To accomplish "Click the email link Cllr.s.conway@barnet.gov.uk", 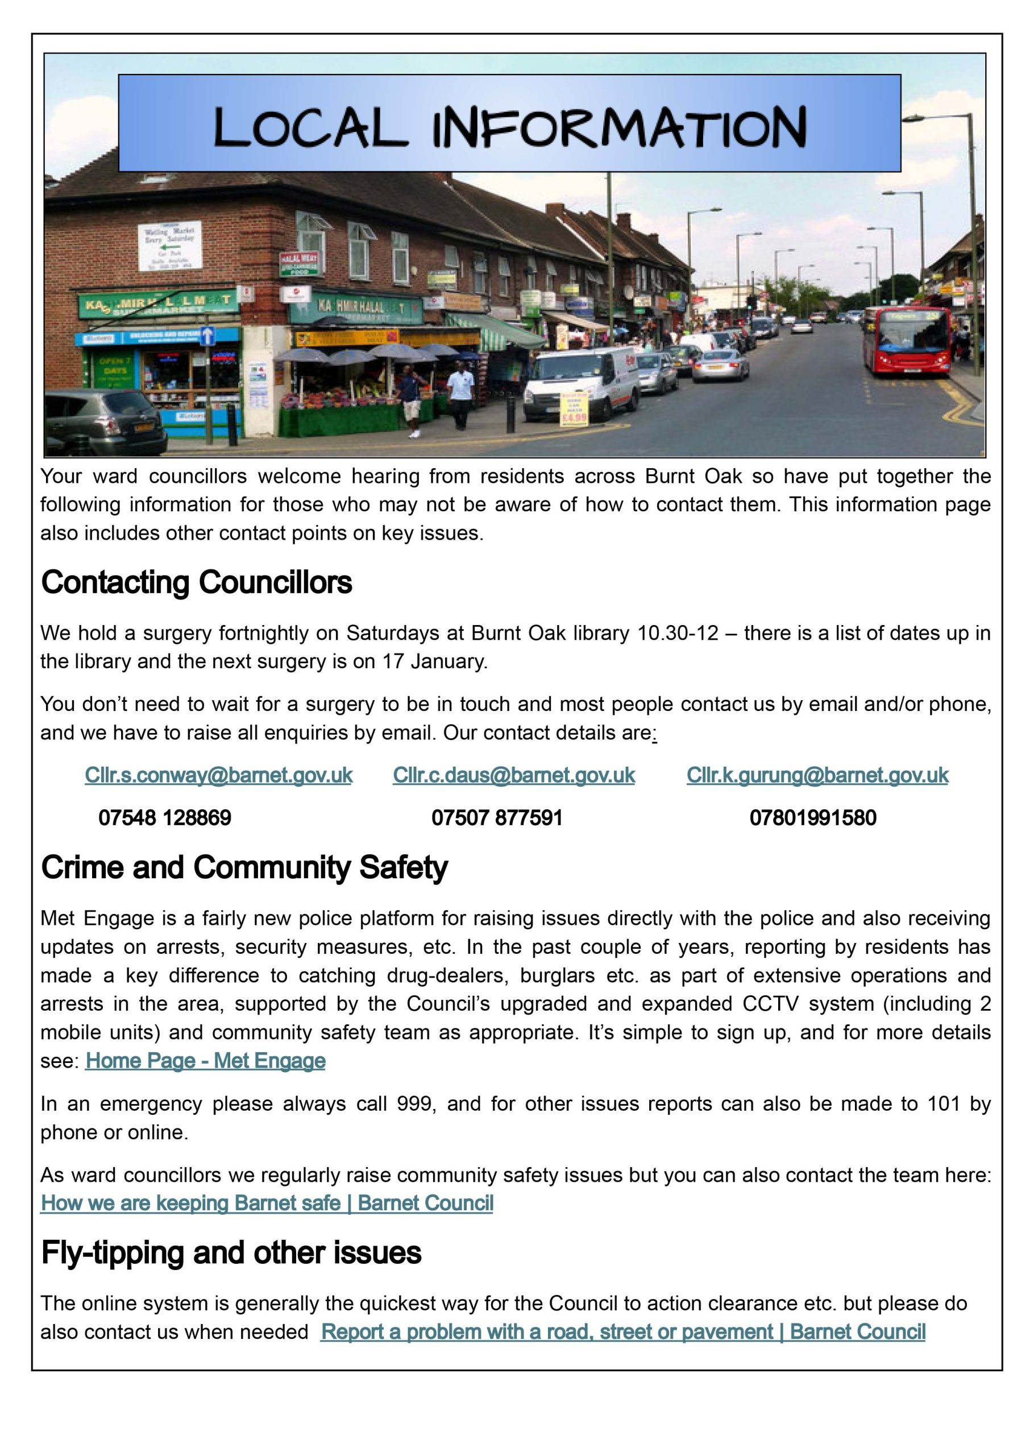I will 218,775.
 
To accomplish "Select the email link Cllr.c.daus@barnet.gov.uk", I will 513,775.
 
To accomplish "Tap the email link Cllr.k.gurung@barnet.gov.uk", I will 817,775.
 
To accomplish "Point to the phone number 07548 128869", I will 165,817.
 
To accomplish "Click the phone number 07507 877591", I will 497,817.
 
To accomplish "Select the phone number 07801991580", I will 812,817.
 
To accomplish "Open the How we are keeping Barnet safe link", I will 267,1203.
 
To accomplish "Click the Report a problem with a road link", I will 622,1331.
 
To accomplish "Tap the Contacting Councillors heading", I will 196,582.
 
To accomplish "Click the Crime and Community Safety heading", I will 244,867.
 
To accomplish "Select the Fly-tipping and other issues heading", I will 231,1253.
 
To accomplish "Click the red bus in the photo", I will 906,341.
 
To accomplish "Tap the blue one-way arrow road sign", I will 207,336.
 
